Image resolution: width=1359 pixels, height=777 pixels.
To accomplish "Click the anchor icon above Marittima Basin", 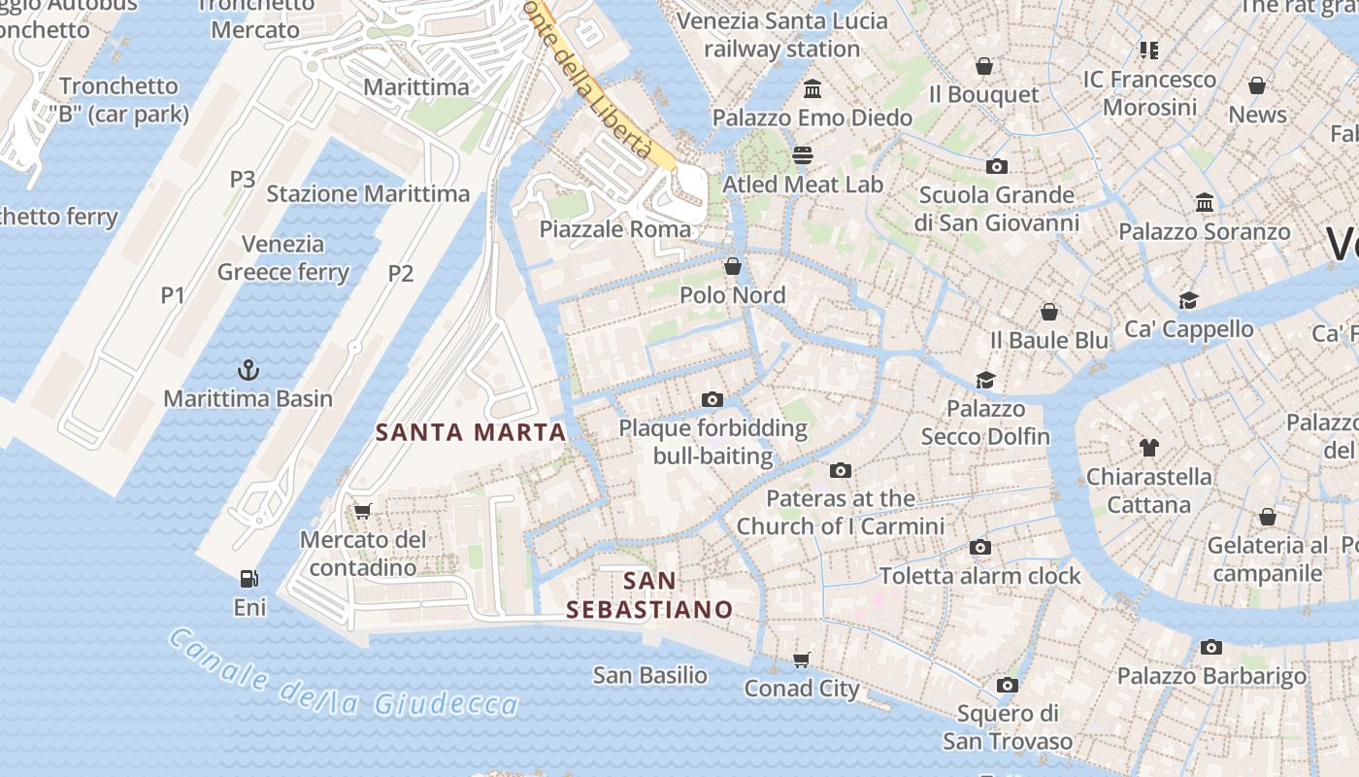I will pos(249,369).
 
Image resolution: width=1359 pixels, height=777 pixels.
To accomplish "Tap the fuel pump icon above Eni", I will pos(249,579).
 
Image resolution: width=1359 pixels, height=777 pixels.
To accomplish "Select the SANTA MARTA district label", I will pos(471,432).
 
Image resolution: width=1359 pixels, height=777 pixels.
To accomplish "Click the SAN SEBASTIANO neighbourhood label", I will pos(649,595).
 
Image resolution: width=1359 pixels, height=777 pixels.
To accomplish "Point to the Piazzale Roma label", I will pos(615,229).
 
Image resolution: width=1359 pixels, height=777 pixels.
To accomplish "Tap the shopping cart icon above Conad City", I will pos(802,660).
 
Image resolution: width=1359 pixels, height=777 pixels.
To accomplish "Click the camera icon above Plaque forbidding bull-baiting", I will pos(713,399).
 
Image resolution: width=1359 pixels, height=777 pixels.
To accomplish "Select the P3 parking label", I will pos(243,179).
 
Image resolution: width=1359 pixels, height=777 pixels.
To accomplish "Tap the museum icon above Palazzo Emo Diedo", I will pos(812,89).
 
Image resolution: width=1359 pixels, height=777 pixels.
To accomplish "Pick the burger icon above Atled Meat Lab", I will pos(803,155).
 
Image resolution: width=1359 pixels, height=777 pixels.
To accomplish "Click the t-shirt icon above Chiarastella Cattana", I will pos(1149,448).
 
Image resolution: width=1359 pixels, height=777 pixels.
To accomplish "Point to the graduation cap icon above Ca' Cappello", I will pos(1188,300).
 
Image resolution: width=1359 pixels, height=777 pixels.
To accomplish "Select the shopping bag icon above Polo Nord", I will pos(733,266).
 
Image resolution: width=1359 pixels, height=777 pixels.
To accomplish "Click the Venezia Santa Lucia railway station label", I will pos(782,35).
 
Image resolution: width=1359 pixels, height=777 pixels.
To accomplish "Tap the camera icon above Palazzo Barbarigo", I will pos(1211,647).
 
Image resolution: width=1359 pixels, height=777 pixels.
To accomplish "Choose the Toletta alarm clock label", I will pos(979,576).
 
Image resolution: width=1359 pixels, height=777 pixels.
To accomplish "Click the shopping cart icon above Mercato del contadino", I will pos(363,511).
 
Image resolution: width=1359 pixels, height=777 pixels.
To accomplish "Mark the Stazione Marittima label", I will pos(368,193).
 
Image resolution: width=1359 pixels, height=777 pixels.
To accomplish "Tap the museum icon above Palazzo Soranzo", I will pos(1205,203).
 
